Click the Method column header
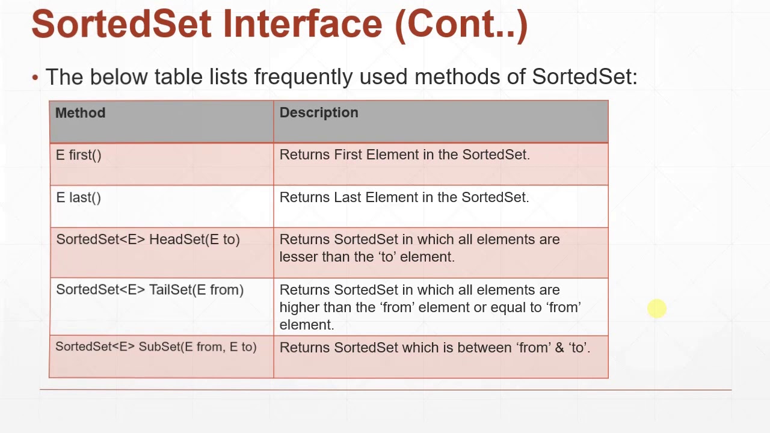[x=80, y=113]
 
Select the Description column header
[x=319, y=113]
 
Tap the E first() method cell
[x=79, y=155]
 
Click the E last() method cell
[x=79, y=198]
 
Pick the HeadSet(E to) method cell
[x=148, y=239]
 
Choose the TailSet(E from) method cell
[x=150, y=290]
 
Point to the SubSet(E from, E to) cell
[x=156, y=347]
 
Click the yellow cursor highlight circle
[x=657, y=309]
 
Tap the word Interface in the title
[x=303, y=24]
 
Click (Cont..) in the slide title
[x=461, y=25]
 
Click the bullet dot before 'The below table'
[x=35, y=78]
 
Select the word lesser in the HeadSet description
[x=299, y=257]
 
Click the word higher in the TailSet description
[x=300, y=307]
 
